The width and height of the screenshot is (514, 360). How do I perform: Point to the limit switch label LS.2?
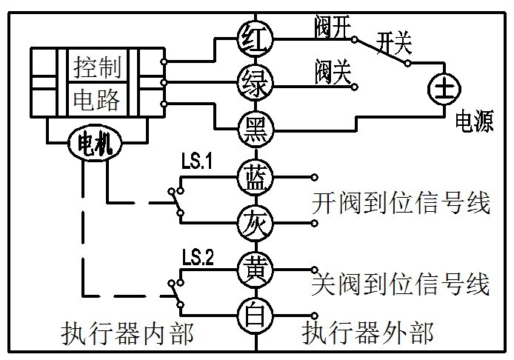(x=198, y=259)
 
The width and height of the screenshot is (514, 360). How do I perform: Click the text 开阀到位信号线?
(x=401, y=202)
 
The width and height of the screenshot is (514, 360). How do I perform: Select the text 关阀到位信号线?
(x=401, y=285)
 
